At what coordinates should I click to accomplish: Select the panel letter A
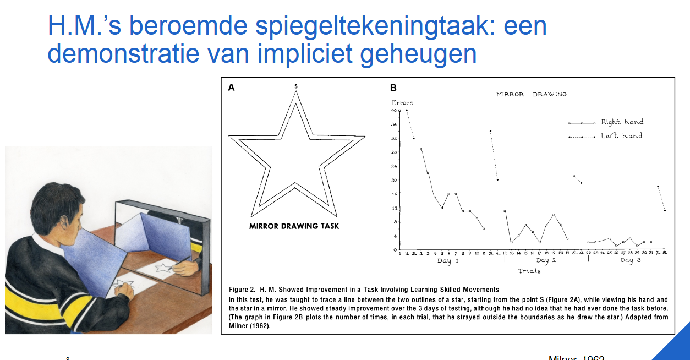[231, 87]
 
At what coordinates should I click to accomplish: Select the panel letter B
[393, 88]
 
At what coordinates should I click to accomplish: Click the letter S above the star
[296, 86]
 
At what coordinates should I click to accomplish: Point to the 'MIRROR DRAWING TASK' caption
[294, 226]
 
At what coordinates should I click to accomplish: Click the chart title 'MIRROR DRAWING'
[531, 94]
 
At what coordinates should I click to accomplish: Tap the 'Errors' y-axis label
[402, 102]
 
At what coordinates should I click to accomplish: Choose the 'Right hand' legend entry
[622, 122]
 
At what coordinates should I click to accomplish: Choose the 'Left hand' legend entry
[621, 135]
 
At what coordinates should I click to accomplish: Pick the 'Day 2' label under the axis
[546, 260]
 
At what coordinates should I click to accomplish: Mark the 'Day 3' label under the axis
[630, 260]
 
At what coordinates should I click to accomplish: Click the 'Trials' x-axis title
[529, 271]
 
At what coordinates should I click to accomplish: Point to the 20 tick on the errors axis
[395, 180]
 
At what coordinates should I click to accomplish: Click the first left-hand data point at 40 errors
[407, 110]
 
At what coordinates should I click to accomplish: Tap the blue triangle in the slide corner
[674, 344]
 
